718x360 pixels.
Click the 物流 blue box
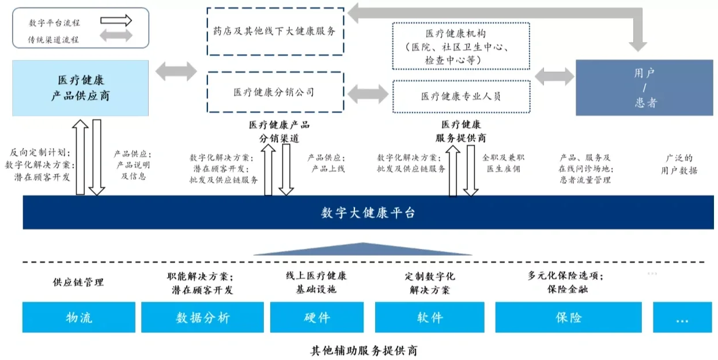[x=79, y=317]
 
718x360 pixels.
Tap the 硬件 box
[x=316, y=317]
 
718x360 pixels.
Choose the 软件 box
[x=430, y=317]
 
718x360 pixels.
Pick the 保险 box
[x=568, y=317]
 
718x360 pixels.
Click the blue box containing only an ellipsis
[x=682, y=317]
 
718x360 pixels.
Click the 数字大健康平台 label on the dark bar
[x=368, y=213]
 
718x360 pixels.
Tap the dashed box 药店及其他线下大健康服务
[x=275, y=32]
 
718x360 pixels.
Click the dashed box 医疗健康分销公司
[x=275, y=92]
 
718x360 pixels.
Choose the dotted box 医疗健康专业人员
[x=460, y=96]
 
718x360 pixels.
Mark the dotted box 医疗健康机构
[x=460, y=46]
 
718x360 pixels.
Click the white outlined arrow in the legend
[x=116, y=21]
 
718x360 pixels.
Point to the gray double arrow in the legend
[x=116, y=36]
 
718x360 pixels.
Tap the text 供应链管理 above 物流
[x=78, y=282]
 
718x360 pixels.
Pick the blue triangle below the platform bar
[x=363, y=249]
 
